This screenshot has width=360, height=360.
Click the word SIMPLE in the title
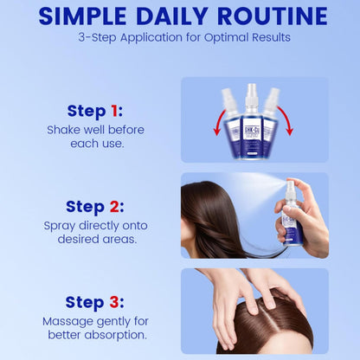[x=83, y=16]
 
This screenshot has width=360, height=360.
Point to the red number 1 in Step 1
[x=114, y=111]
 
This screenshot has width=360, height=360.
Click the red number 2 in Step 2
[x=114, y=207]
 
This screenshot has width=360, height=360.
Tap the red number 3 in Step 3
[x=114, y=302]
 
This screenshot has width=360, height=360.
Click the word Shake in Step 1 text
[x=64, y=130]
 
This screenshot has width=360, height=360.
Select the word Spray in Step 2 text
[x=60, y=226]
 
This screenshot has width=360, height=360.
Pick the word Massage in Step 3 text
[x=67, y=322]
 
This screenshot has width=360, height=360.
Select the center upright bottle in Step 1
[x=252, y=122]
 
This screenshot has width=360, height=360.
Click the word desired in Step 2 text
[x=75, y=239]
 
